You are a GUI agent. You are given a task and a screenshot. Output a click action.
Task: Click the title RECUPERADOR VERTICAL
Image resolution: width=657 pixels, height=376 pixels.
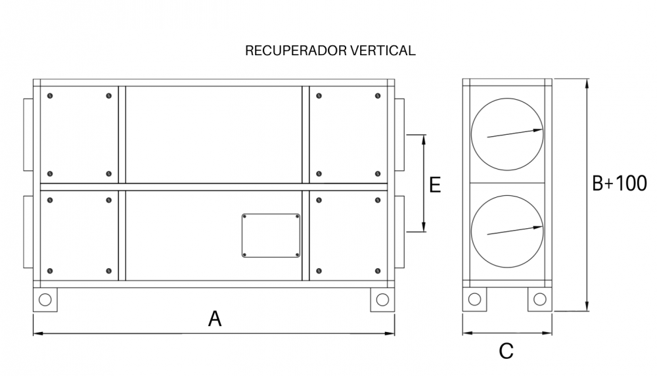click(330, 51)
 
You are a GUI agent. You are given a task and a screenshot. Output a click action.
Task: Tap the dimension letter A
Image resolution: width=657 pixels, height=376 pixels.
click(215, 319)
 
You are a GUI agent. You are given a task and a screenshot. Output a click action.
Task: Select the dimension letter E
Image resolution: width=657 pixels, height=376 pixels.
click(436, 185)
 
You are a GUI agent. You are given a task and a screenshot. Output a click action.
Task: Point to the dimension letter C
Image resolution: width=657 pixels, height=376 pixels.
click(506, 351)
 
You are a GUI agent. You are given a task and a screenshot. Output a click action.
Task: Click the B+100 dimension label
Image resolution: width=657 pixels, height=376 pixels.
click(620, 183)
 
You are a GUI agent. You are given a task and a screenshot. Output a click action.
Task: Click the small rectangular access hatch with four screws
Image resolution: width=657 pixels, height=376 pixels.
click(271, 235)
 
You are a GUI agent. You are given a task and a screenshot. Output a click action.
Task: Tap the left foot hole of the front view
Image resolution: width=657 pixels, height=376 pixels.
click(45, 300)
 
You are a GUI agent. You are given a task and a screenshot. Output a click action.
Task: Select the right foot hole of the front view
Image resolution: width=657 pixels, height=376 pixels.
click(382, 300)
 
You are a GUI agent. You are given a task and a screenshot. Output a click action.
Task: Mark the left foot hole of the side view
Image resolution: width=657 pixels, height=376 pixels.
click(474, 299)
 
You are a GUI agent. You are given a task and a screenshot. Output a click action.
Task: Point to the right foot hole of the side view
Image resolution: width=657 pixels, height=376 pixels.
click(539, 299)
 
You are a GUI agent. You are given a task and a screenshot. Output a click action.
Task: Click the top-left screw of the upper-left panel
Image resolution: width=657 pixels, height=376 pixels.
click(50, 96)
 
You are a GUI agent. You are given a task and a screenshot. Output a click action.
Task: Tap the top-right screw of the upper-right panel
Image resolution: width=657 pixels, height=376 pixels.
click(378, 96)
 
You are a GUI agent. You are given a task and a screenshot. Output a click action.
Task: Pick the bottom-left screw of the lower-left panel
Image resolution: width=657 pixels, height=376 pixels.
click(50, 271)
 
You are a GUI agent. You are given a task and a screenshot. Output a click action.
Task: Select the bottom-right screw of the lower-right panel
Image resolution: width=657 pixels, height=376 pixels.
click(378, 271)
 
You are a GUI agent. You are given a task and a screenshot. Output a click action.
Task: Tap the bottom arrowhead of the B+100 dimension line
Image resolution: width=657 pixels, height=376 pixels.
click(587, 306)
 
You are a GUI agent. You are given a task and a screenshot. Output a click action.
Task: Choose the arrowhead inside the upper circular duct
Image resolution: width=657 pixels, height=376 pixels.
click(538, 130)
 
